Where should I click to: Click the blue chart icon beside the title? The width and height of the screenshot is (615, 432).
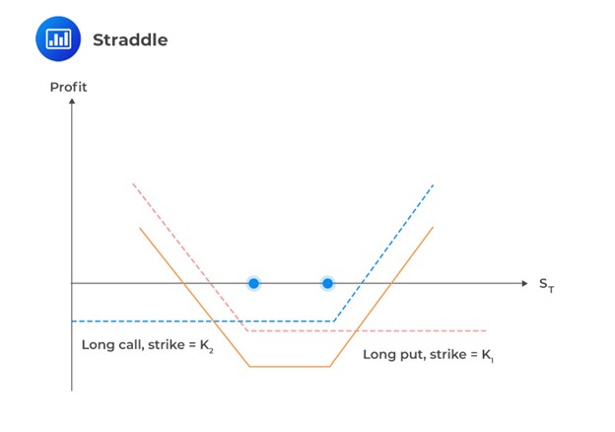(58, 39)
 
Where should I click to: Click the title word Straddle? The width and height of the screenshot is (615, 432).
(129, 40)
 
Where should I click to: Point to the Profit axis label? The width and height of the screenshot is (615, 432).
(68, 87)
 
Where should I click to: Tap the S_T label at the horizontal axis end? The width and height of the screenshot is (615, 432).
(546, 285)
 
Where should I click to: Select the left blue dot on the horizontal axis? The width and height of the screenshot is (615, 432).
(253, 284)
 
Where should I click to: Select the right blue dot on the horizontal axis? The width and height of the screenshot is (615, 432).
(328, 284)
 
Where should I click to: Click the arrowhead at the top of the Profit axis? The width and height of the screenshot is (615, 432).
(72, 101)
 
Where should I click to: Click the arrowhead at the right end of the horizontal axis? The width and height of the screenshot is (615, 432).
(524, 284)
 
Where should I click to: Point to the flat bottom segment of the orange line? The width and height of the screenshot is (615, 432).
(289, 367)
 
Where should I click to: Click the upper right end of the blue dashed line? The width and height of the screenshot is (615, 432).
(433, 184)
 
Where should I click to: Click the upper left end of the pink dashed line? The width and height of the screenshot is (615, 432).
(132, 183)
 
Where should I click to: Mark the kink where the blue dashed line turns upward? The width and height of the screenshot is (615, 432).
(333, 322)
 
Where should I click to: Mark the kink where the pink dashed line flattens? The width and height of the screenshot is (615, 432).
(246, 330)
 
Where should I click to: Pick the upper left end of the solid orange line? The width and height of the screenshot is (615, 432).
(140, 228)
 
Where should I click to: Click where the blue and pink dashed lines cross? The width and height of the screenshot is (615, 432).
(239, 322)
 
